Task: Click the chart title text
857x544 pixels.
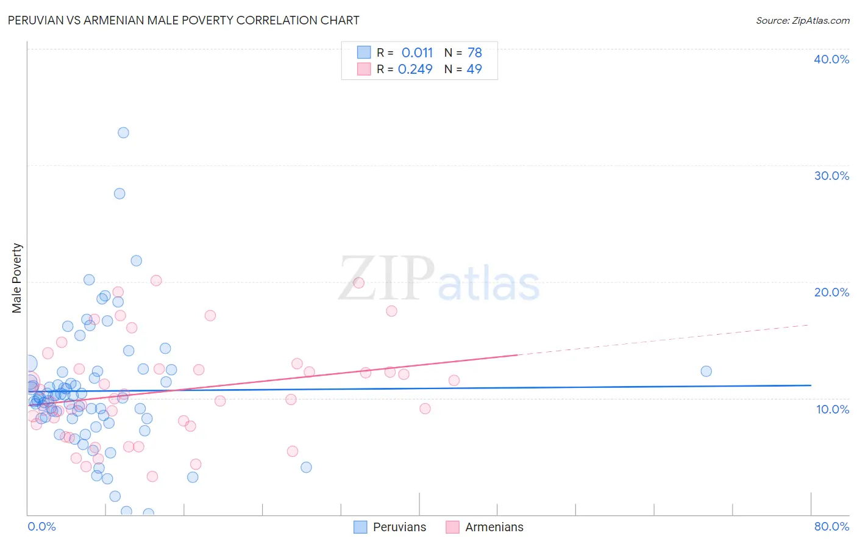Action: click(183, 20)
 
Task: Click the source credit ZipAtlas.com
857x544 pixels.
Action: click(802, 20)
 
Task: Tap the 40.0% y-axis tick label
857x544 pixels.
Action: click(831, 59)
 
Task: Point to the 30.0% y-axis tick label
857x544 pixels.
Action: click(831, 176)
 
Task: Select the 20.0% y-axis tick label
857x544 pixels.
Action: click(831, 292)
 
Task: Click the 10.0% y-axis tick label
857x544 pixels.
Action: click(832, 409)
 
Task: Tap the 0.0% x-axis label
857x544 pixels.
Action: click(42, 526)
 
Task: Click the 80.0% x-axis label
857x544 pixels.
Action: click(831, 526)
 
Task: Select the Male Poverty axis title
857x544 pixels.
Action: click(17, 278)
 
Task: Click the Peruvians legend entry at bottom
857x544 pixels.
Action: click(390, 527)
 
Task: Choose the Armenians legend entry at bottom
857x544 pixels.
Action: click(485, 527)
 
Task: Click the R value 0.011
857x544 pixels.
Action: click(417, 52)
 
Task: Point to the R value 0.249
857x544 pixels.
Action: click(415, 69)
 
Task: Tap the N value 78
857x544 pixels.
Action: click(474, 52)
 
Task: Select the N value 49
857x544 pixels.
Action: click(474, 69)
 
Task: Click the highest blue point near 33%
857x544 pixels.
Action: click(123, 132)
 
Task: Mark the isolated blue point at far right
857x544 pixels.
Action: click(706, 371)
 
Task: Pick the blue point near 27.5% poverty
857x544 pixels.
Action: click(119, 193)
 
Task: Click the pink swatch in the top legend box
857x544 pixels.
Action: click(364, 69)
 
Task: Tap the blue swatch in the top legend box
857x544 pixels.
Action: click(364, 52)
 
